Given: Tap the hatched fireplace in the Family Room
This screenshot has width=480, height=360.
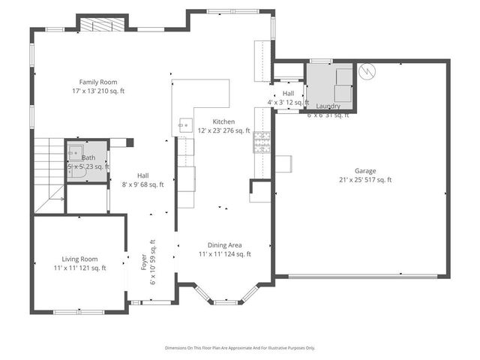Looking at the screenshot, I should [95, 24].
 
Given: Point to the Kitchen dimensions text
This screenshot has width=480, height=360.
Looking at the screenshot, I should [223, 130].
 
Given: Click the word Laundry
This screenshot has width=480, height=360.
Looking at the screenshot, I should [328, 106].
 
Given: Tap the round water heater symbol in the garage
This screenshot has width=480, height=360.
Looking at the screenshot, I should [367, 71].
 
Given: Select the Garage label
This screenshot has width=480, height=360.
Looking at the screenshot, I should [365, 171].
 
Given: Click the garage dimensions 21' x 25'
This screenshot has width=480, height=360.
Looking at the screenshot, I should [365, 180].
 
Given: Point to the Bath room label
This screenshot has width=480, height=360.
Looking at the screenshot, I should [88, 157].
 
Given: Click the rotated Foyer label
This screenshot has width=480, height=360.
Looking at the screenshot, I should [145, 262].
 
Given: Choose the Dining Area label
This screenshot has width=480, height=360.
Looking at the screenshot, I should [224, 245].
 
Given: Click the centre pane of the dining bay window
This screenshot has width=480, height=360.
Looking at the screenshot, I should [225, 302].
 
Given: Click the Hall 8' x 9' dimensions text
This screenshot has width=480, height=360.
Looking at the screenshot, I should [142, 184].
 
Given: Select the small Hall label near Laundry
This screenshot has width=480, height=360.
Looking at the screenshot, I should [288, 93].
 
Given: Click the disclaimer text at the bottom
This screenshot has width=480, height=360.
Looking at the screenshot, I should [240, 348].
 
